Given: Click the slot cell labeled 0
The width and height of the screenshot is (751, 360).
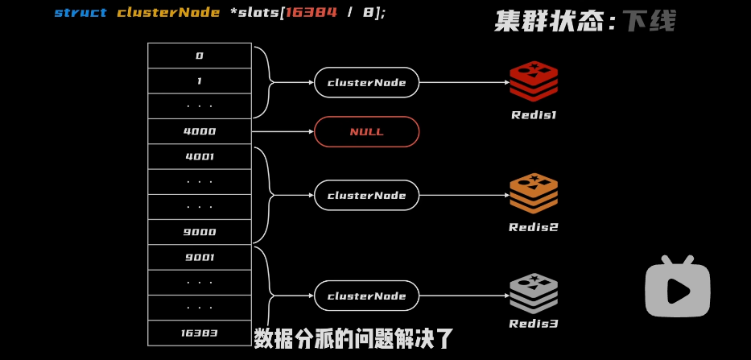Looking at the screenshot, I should pos(200,56).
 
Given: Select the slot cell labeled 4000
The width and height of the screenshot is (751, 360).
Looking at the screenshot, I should pos(200,131).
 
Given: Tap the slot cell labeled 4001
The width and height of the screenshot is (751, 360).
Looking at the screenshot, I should pos(200,157).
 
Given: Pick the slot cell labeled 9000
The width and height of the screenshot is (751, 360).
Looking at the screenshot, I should pos(200,232).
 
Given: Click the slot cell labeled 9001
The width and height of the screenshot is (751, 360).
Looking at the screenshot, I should pos(200,258).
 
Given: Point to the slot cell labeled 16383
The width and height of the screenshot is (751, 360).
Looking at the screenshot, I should pos(200,333).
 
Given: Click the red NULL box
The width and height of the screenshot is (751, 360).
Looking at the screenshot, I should pos(366,132).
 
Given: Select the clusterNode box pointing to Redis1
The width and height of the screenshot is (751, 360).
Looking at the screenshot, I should pos(366,82).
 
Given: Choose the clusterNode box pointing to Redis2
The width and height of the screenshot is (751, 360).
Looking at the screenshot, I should pos(366,195).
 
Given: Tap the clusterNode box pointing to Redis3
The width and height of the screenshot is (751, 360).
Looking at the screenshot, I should pos(366,296).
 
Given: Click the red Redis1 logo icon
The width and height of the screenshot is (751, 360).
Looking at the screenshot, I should pos(534,81).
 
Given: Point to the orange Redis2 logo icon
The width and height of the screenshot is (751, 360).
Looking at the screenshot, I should pos(534,192).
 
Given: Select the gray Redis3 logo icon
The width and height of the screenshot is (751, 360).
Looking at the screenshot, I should pos(534,293).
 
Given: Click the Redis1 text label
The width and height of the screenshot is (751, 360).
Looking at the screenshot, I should pos(534,115).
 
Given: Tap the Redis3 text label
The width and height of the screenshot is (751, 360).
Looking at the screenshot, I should pos(534,324).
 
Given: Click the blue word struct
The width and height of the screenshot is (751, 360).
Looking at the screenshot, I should pos(80,13).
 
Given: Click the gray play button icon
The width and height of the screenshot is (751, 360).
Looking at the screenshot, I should pos(678,288).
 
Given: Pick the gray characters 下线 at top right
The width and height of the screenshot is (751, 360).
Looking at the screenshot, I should pos(649,21).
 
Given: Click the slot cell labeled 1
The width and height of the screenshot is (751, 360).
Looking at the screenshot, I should pos(200,81).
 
